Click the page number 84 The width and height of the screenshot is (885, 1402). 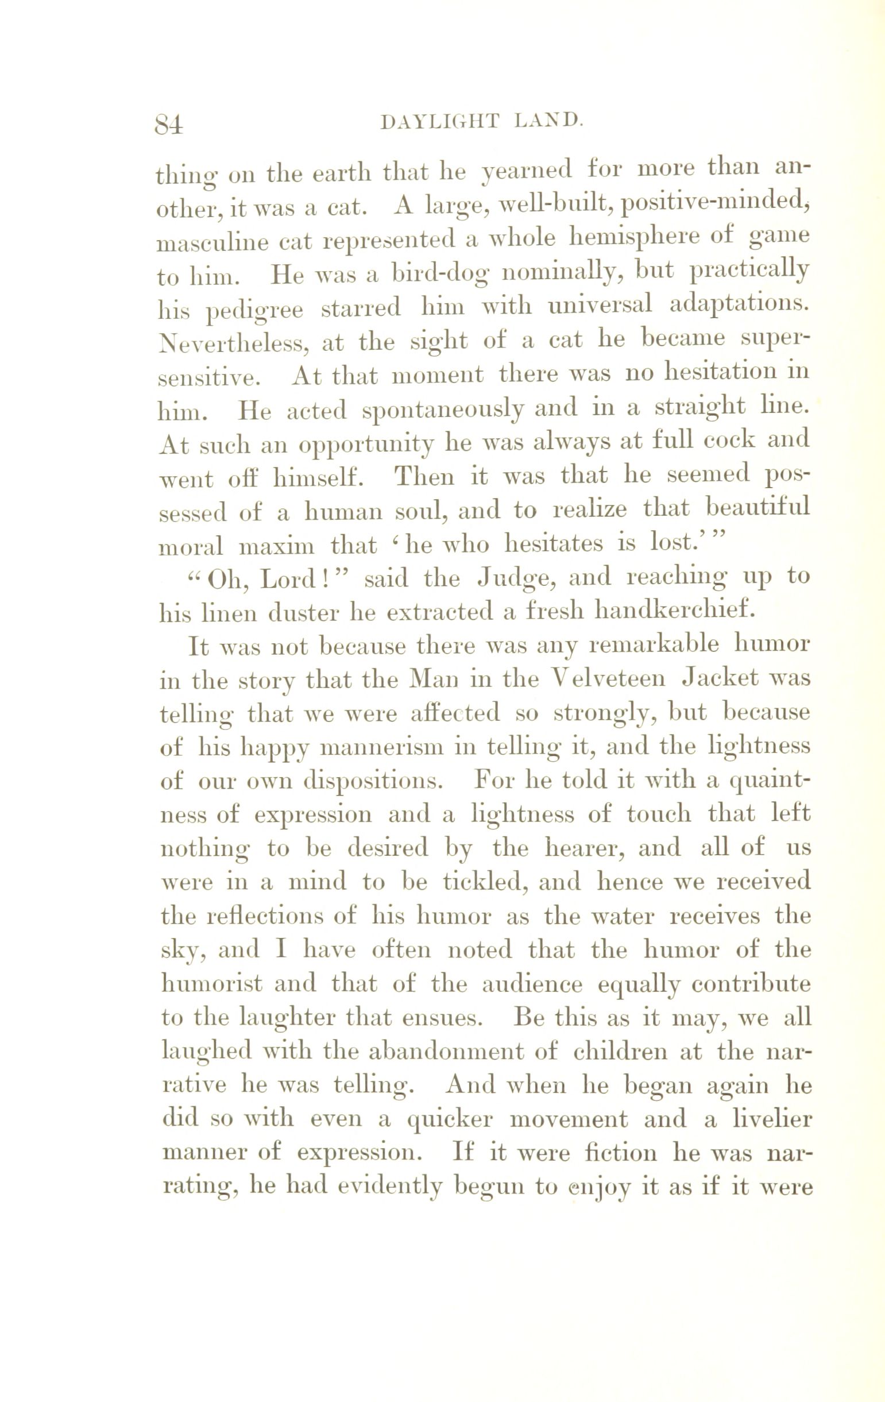[x=169, y=123]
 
